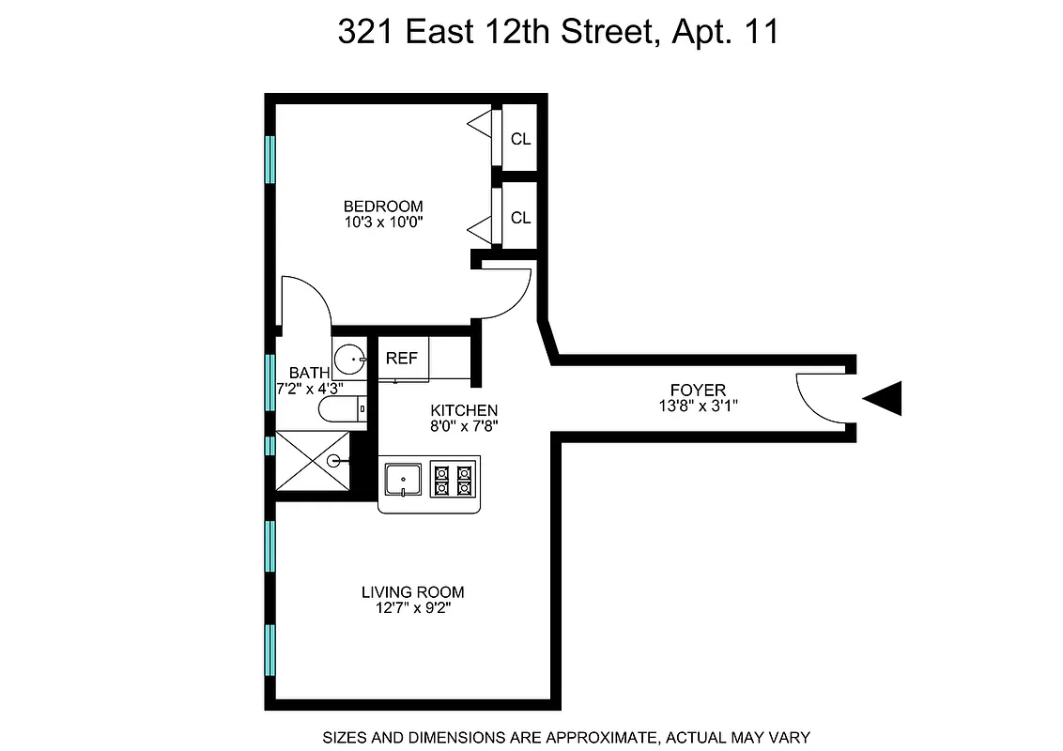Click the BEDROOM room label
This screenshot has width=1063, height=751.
[x=382, y=207]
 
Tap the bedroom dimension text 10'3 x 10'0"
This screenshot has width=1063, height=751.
[x=382, y=222]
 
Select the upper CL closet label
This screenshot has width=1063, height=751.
[x=520, y=140]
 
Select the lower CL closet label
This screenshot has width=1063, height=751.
[x=520, y=218]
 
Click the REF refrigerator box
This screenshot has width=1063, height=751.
[x=402, y=359]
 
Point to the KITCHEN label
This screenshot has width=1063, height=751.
[x=464, y=410]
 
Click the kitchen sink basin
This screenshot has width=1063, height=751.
[x=404, y=480]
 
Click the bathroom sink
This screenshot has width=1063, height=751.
[x=350, y=357]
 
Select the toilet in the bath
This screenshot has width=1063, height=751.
[x=340, y=409]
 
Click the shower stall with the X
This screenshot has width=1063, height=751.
[x=314, y=460]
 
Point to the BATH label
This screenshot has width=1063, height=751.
[x=309, y=373]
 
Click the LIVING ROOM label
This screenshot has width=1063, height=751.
[x=413, y=592]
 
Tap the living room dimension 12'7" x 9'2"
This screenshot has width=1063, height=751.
[x=413, y=608]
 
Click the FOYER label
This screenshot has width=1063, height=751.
[x=698, y=390]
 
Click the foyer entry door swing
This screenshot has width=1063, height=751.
[x=817, y=398]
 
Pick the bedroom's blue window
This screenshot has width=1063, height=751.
[x=270, y=160]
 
